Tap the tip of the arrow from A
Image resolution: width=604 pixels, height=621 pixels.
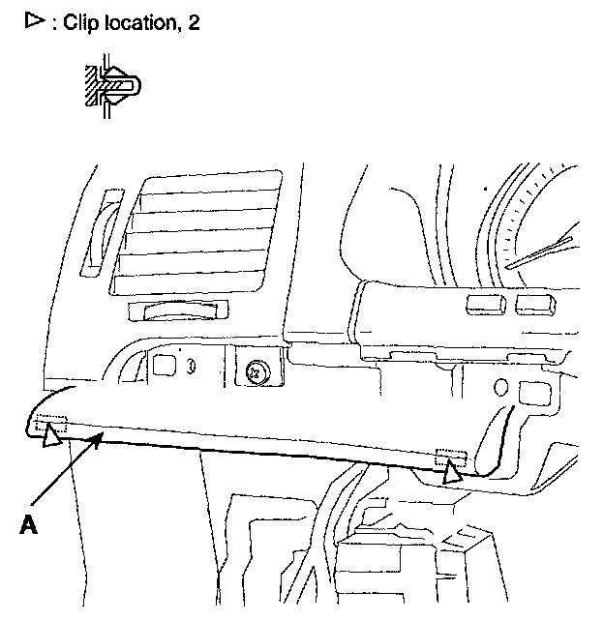point(101,437)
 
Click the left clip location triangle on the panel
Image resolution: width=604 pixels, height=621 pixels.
point(51,437)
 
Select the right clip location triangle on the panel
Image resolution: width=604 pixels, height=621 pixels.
point(452,473)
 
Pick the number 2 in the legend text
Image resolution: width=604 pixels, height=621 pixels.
point(194,22)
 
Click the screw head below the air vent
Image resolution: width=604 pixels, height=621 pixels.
point(257,370)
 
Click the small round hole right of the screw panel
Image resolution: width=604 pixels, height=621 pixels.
point(499,388)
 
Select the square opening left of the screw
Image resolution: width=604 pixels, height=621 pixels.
point(165,367)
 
